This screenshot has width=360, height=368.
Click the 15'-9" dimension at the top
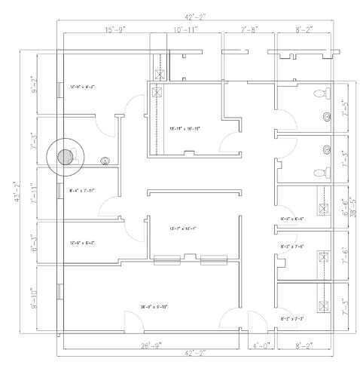click(x=114, y=29)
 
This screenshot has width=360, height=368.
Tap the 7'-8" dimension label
click(x=249, y=29)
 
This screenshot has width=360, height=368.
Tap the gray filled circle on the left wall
click(x=66, y=157)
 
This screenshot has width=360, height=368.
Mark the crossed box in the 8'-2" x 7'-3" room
click(x=325, y=305)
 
